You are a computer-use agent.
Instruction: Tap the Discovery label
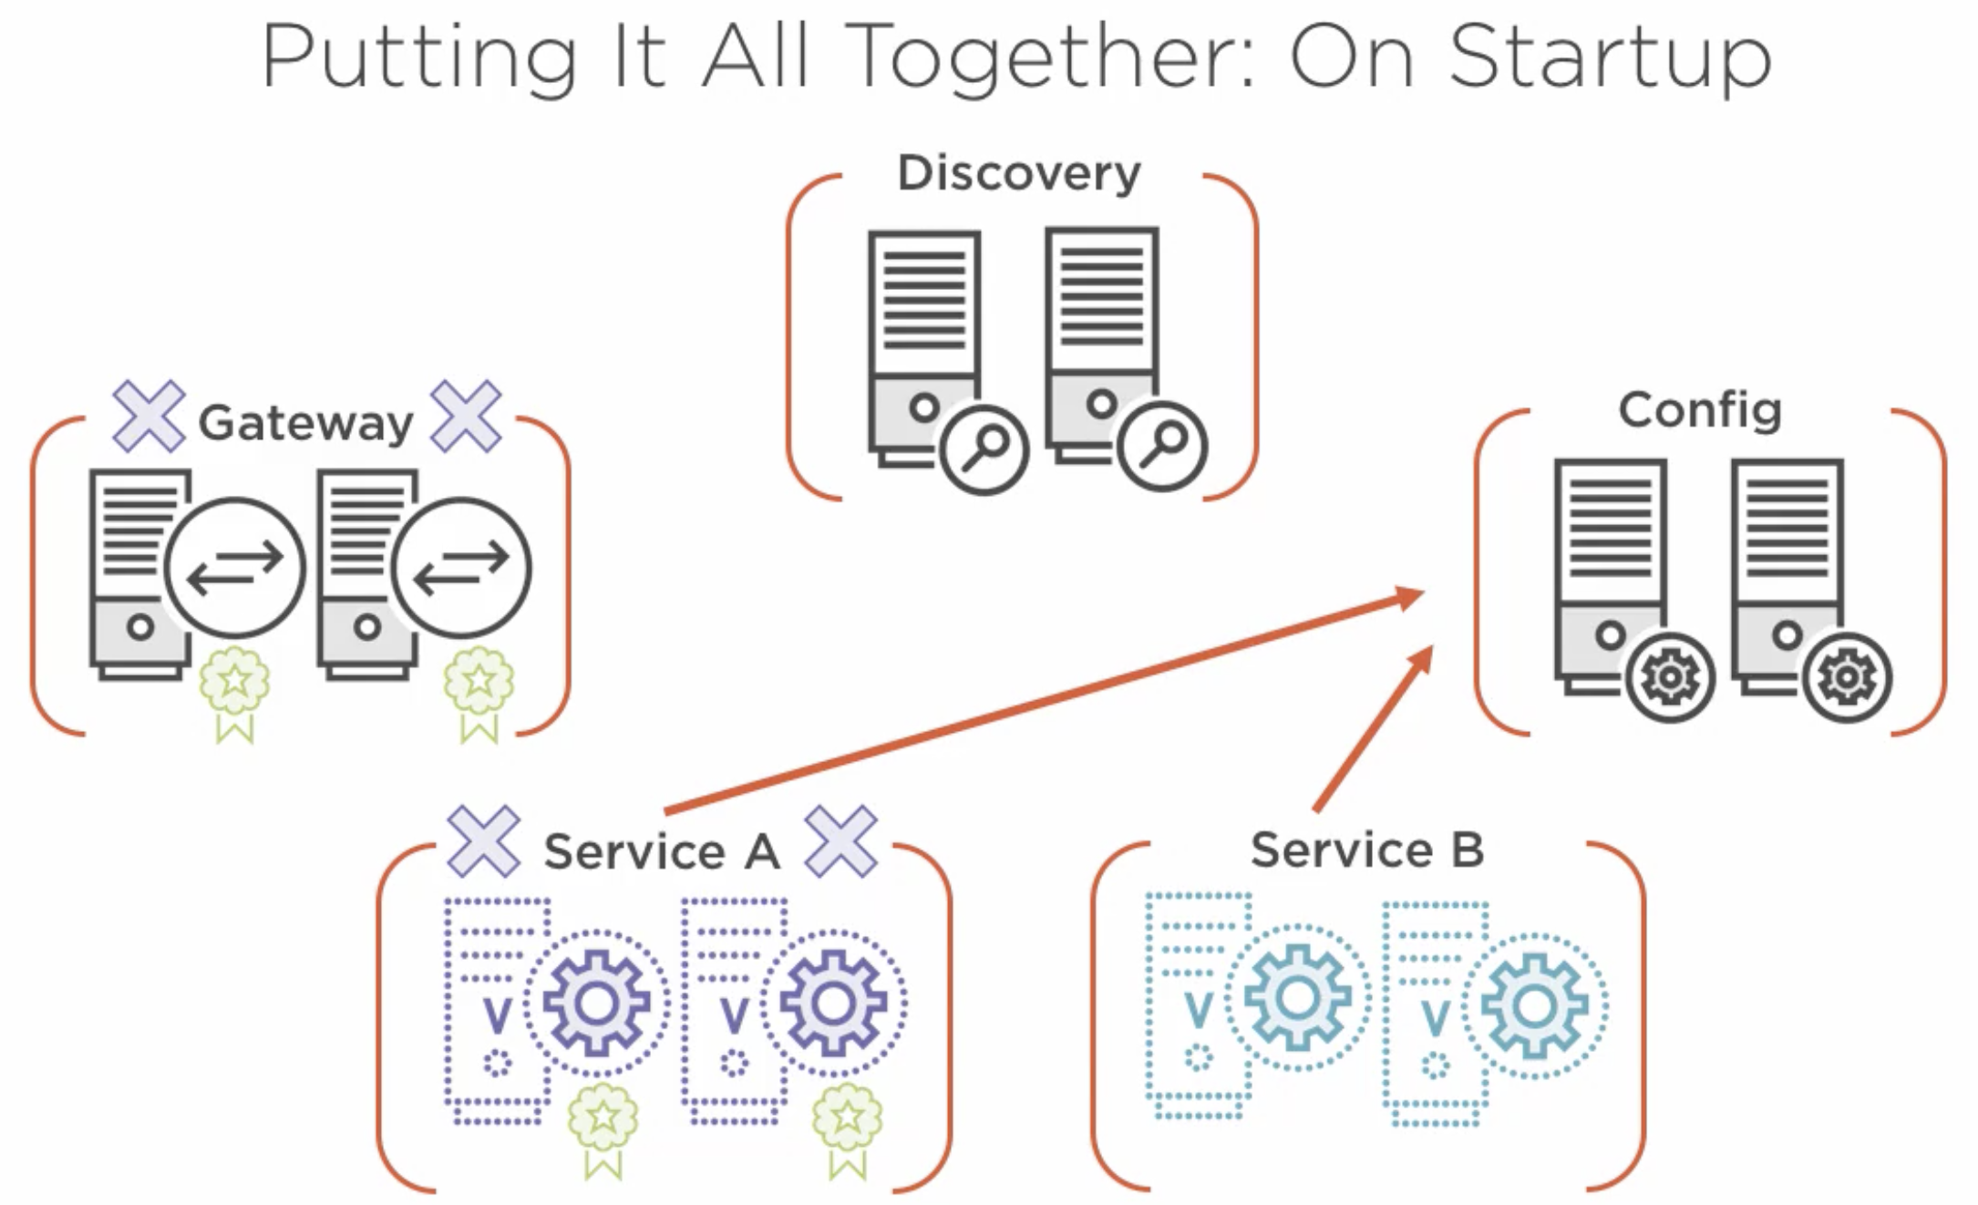pyautogui.click(x=1018, y=173)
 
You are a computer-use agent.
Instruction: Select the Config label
pyautogui.click(x=1699, y=410)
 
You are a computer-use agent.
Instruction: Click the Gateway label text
pyautogui.click(x=305, y=423)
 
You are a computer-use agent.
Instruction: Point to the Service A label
pyautogui.click(x=662, y=851)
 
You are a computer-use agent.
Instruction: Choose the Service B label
pyautogui.click(x=1366, y=850)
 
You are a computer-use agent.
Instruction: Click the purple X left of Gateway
pyautogui.click(x=149, y=417)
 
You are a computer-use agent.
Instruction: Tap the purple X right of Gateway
pyautogui.click(x=466, y=416)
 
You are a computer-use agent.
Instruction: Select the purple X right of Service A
pyautogui.click(x=840, y=841)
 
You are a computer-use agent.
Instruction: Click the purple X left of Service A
pyautogui.click(x=483, y=840)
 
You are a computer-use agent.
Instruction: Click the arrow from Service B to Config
pyautogui.click(x=1372, y=729)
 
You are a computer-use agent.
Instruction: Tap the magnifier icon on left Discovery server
pyautogui.click(x=984, y=449)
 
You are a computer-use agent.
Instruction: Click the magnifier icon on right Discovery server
pyautogui.click(x=1162, y=448)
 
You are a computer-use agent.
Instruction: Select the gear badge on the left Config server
pyautogui.click(x=1670, y=677)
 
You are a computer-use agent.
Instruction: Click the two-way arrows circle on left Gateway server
pyautogui.click(x=235, y=567)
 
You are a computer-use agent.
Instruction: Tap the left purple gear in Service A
pyautogui.click(x=596, y=1003)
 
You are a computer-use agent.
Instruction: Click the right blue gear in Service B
pyautogui.click(x=1534, y=1006)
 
